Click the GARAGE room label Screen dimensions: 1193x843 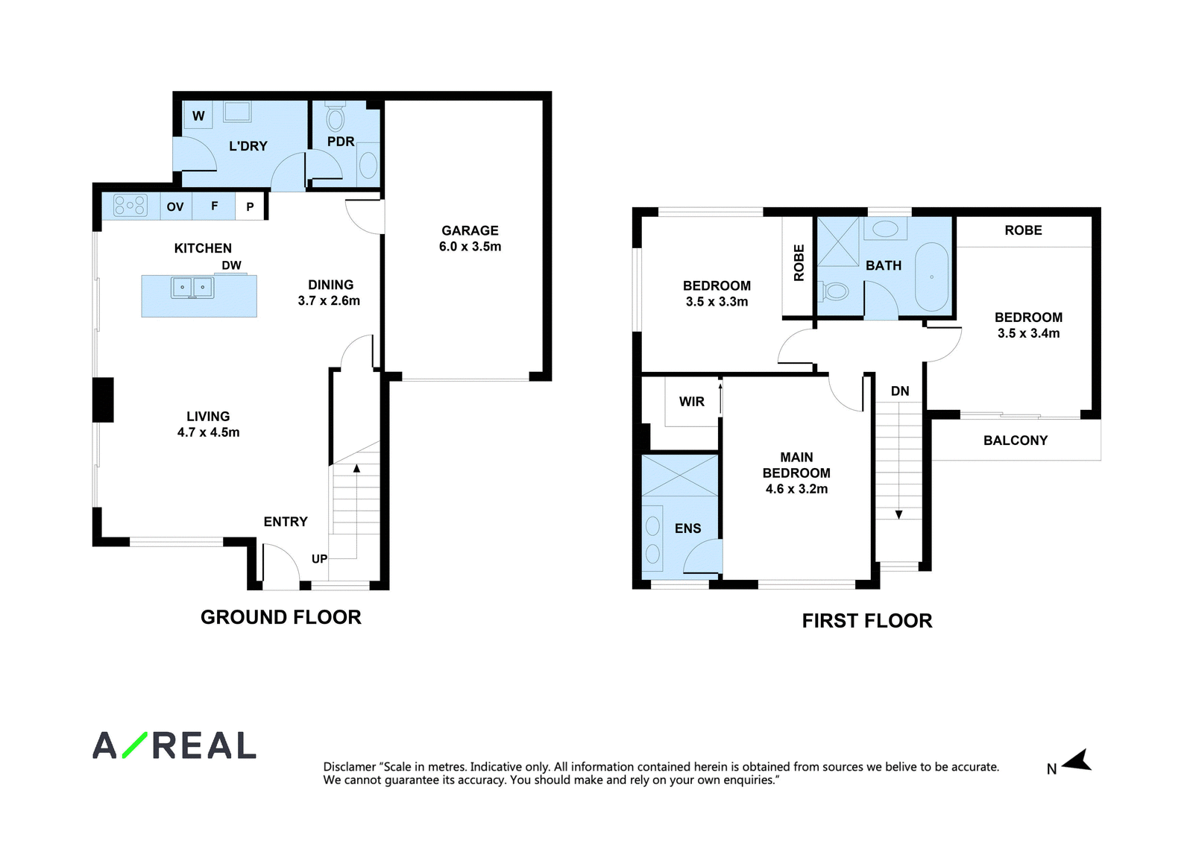click(x=470, y=230)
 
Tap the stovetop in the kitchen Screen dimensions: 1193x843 click(x=130, y=206)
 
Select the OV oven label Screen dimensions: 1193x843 click(x=175, y=206)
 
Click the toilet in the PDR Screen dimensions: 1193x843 click(x=335, y=116)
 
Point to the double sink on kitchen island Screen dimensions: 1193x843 click(x=192, y=288)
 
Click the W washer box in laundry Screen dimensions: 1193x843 click(x=198, y=116)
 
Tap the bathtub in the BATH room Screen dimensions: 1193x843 click(x=931, y=277)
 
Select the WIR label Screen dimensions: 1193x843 click(x=691, y=402)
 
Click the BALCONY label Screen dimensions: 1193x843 click(x=1015, y=441)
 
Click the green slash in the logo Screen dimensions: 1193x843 click(x=135, y=745)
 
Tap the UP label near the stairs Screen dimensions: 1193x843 click(x=320, y=558)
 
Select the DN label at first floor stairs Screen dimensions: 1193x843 click(x=900, y=391)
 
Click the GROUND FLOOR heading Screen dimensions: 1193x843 click(x=280, y=617)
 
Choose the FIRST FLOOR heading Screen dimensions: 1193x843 click(x=867, y=621)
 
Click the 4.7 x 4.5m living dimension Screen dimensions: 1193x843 click(x=208, y=432)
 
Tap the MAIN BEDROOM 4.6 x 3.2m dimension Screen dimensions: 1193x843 click(x=797, y=489)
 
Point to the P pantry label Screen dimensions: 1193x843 click(x=250, y=206)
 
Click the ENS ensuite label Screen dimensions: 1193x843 click(x=687, y=528)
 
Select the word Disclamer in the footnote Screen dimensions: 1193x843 click(x=350, y=767)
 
